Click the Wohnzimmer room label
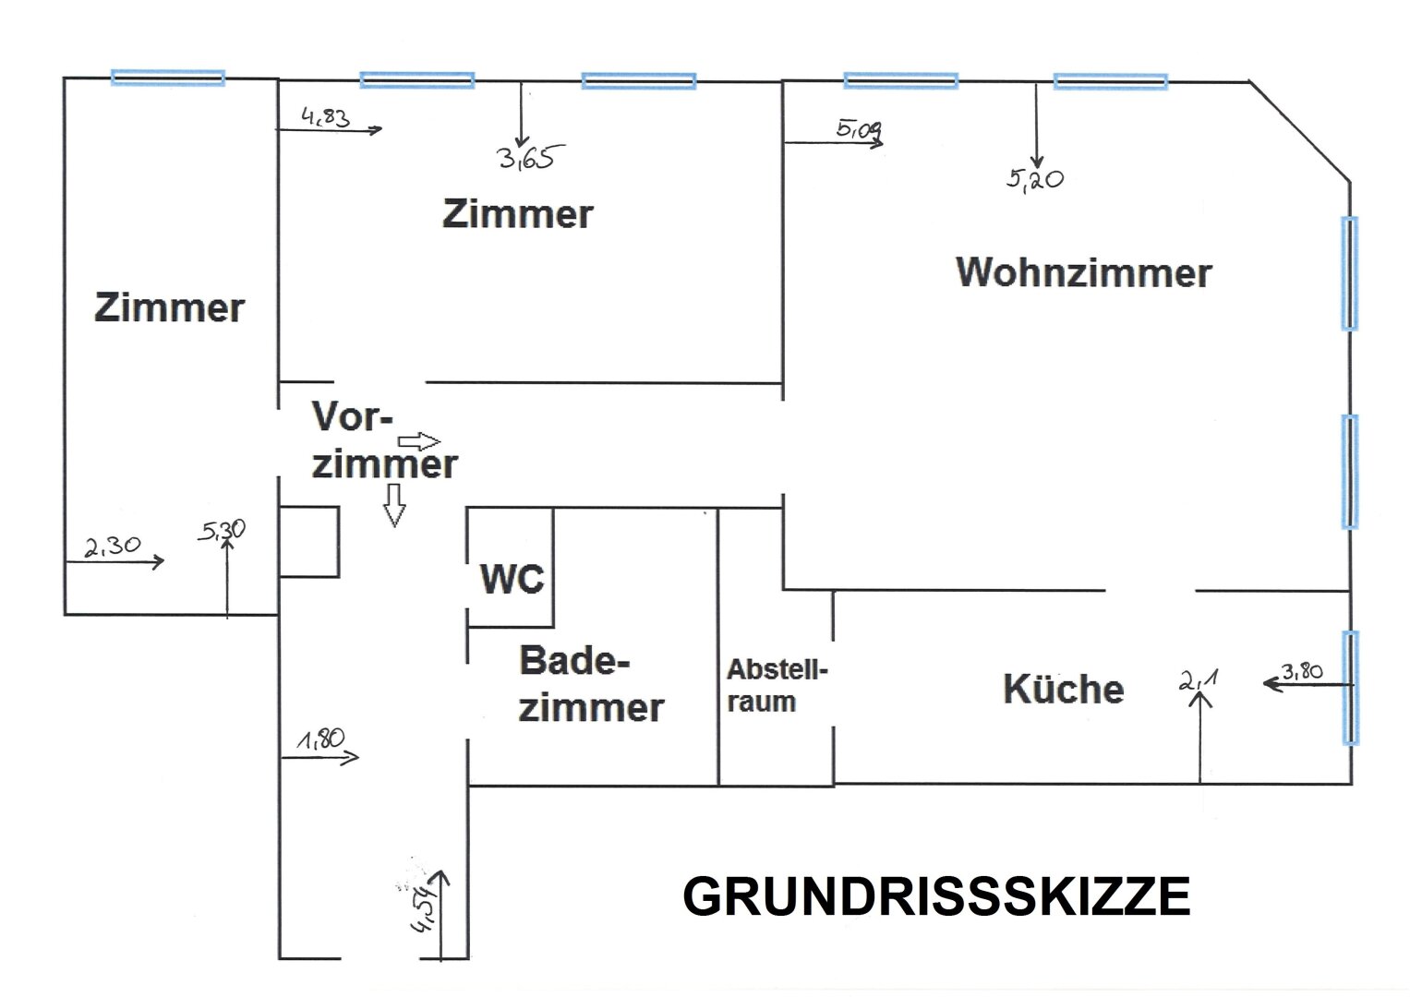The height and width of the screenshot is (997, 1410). click(1083, 273)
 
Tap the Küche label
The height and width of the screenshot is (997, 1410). click(1063, 690)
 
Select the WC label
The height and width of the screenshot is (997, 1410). click(512, 580)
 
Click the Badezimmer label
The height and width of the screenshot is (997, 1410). click(590, 685)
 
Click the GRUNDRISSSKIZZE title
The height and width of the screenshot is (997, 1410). click(935, 896)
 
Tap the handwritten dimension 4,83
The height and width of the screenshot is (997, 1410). click(325, 117)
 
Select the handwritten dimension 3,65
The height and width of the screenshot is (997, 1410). click(526, 159)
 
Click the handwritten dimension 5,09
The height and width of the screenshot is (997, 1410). click(859, 129)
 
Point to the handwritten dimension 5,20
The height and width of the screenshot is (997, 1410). click(1034, 179)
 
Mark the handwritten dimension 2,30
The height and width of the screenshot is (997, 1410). click(113, 547)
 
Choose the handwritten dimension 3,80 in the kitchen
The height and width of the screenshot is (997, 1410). click(1302, 671)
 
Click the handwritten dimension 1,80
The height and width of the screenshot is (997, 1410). click(320, 740)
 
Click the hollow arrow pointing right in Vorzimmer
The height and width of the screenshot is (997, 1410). click(419, 441)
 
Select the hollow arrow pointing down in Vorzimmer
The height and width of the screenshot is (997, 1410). click(394, 505)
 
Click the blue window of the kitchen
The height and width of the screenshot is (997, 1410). click(1350, 688)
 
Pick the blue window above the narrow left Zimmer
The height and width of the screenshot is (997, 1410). click(168, 78)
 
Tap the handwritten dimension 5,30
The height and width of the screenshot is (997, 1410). click(222, 530)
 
